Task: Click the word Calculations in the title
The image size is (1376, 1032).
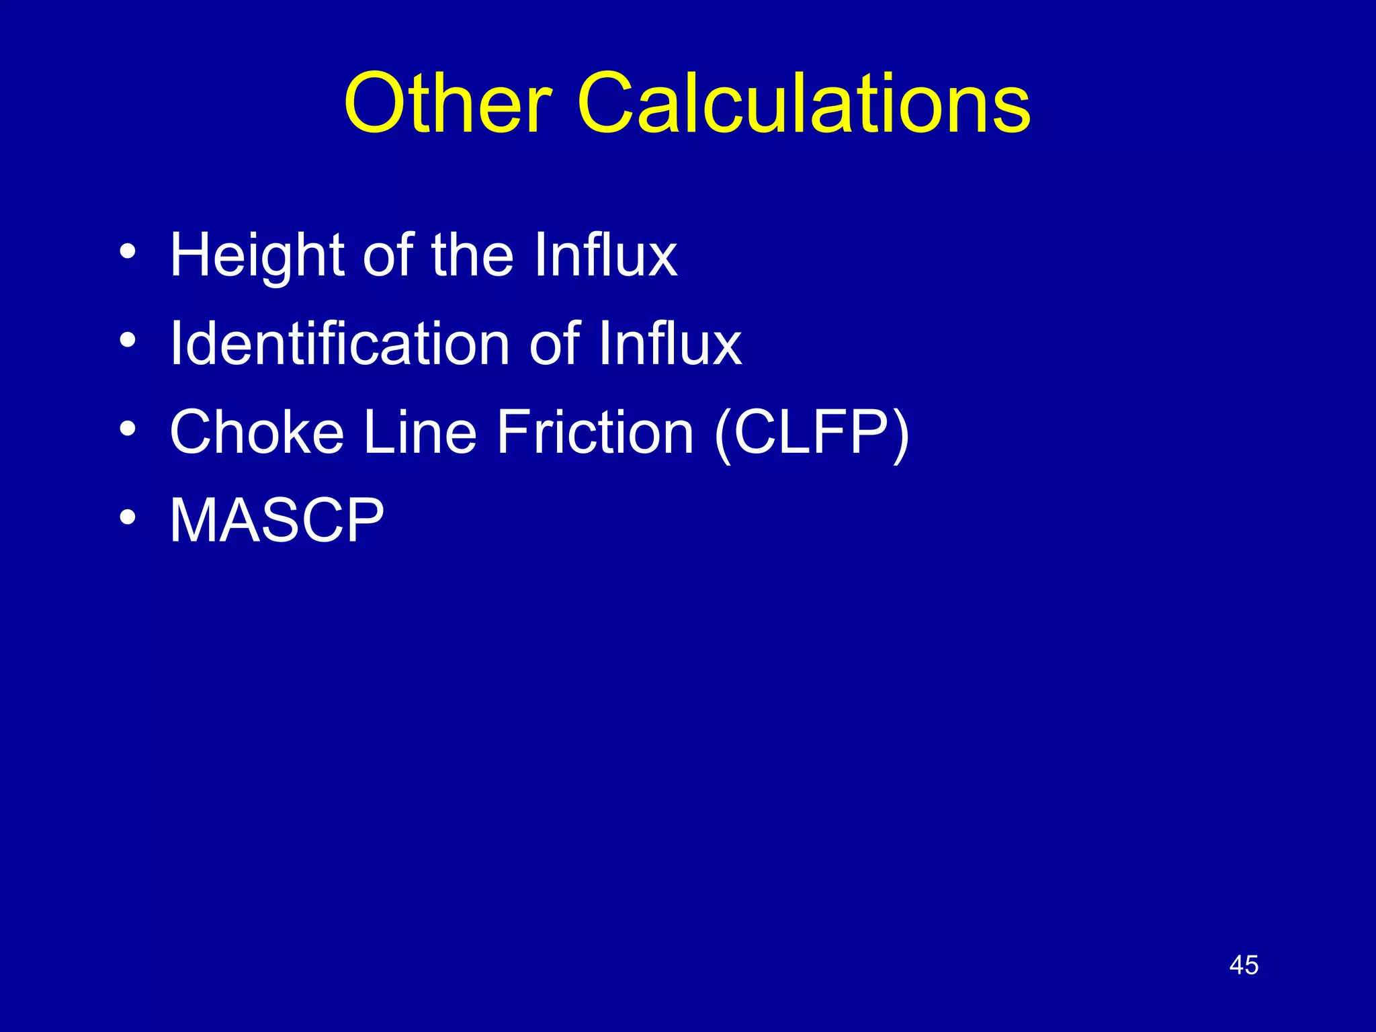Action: tap(804, 103)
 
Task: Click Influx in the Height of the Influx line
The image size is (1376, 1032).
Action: tap(605, 255)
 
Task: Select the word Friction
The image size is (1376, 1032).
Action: tap(595, 431)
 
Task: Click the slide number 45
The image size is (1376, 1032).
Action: tap(1244, 965)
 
